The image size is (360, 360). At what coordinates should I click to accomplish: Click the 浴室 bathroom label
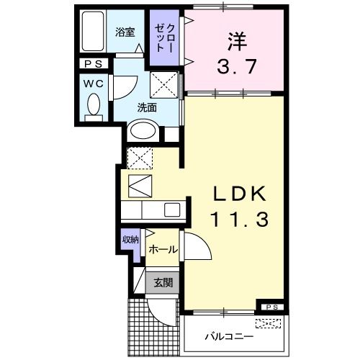(125, 32)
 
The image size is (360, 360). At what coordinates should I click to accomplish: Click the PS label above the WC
(94, 64)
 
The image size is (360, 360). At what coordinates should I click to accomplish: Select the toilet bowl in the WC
(93, 107)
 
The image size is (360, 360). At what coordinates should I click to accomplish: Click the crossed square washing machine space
(163, 86)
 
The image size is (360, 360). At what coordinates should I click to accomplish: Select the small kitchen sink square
(172, 210)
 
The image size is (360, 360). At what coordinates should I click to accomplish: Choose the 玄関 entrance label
(161, 282)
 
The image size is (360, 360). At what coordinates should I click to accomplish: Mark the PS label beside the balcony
(271, 307)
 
